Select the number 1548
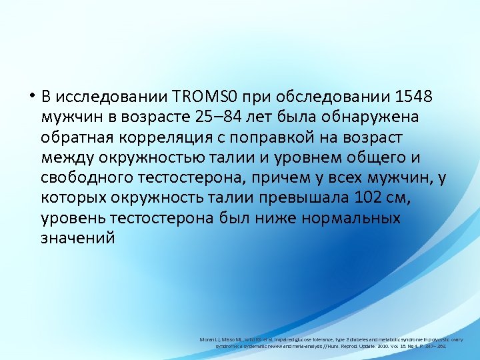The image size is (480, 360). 414,97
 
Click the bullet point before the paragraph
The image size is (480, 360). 31,97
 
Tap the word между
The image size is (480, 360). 64,158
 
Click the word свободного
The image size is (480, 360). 83,178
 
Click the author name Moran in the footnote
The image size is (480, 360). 208,339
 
